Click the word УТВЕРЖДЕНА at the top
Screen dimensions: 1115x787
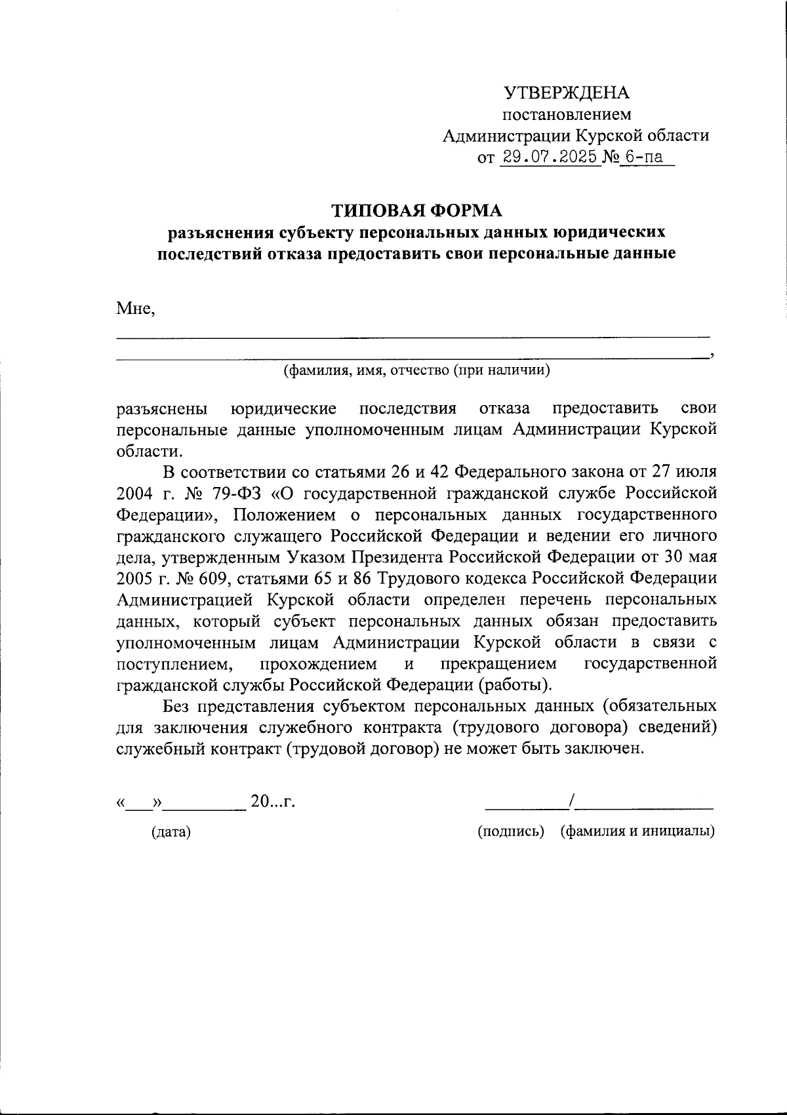click(566, 93)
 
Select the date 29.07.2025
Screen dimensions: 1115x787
click(550, 157)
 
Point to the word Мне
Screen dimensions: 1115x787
click(135, 308)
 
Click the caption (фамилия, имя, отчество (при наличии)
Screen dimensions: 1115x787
click(416, 371)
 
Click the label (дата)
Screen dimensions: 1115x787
click(171, 832)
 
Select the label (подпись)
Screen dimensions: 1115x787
click(512, 831)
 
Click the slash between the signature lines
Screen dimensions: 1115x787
click(573, 800)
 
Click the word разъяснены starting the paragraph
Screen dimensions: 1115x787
click(163, 409)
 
